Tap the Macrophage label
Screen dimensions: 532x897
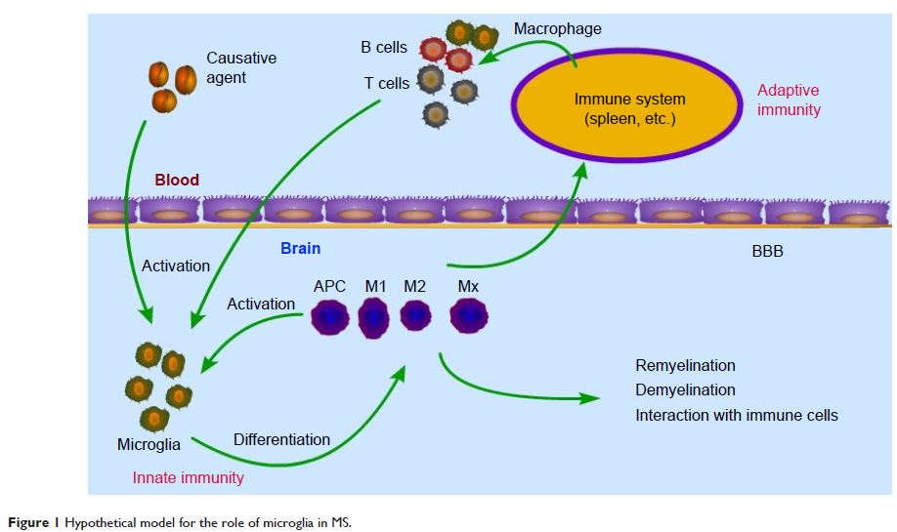(557, 29)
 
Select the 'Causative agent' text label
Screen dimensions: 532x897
(240, 66)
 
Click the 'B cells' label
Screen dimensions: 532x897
(384, 47)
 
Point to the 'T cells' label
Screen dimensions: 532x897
(387, 84)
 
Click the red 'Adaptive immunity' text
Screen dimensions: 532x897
(789, 100)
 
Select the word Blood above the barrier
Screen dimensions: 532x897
(177, 180)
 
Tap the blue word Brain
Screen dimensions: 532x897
(300, 248)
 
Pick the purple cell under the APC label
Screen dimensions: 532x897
(330, 317)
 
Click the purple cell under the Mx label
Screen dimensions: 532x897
(469, 316)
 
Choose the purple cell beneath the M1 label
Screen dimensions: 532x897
(373, 317)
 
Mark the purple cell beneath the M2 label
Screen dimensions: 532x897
(415, 316)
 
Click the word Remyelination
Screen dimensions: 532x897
(685, 366)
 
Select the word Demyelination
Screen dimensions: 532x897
(685, 390)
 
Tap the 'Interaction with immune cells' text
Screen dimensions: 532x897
(737, 415)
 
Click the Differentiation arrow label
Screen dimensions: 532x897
(281, 440)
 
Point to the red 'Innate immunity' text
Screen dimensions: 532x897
(189, 477)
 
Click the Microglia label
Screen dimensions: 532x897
(149, 445)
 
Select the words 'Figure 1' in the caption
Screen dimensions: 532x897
(29, 522)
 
